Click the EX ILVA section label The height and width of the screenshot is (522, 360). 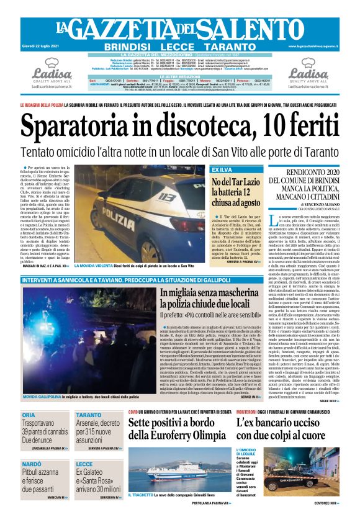coord(221,169)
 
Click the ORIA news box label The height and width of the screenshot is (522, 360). coord(30,415)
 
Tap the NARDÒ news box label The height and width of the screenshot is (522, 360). coord(32,464)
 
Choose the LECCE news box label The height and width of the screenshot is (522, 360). coord(84,464)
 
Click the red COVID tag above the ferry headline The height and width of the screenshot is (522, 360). coord(133,412)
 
